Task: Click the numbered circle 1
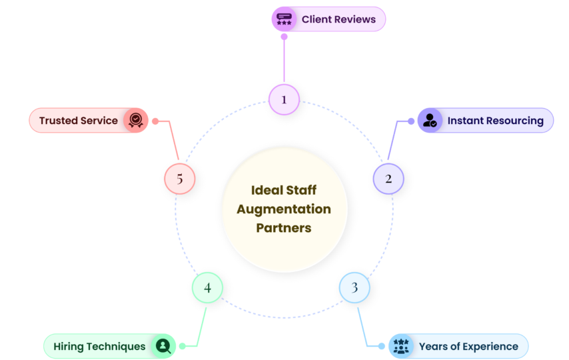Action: tap(284, 99)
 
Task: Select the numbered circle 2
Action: tap(388, 179)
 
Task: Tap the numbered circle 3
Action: tap(354, 287)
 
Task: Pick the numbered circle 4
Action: tap(207, 288)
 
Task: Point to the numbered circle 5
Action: tap(179, 179)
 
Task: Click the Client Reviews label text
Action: tap(338, 19)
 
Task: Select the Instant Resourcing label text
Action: tap(495, 121)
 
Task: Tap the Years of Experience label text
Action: tap(468, 346)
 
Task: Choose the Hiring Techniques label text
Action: tap(99, 346)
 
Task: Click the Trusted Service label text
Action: tap(78, 121)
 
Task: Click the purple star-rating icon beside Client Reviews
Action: tap(284, 19)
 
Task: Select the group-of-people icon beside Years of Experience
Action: tap(400, 346)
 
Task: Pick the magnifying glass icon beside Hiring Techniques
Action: tap(163, 346)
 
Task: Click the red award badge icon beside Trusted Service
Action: tap(135, 121)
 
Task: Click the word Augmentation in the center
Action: tap(284, 209)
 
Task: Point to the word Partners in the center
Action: tap(284, 227)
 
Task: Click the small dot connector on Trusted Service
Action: tap(155, 121)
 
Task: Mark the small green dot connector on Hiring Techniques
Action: tap(182, 346)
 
